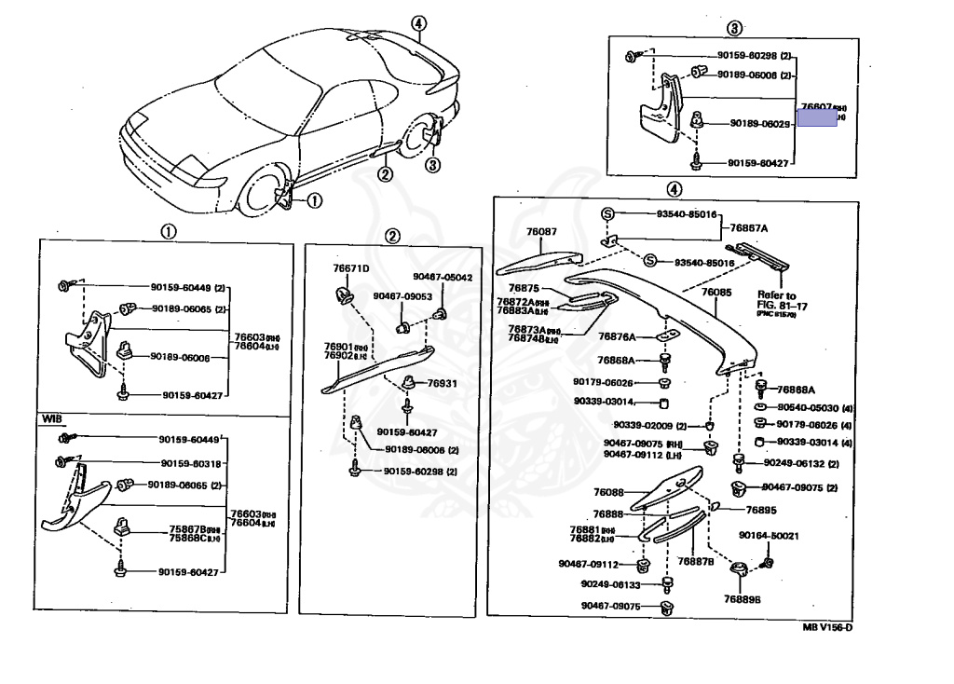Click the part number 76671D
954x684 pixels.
point(351,268)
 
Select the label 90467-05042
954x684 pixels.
point(443,277)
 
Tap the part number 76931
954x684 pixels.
point(443,383)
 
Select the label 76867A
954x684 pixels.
point(749,228)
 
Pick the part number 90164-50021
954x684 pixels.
point(769,536)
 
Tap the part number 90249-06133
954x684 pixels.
point(610,584)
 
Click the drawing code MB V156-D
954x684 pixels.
point(827,627)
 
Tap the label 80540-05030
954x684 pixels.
point(808,408)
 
